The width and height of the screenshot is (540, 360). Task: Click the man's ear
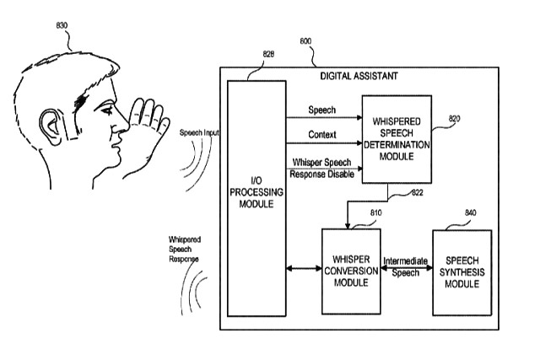click(x=51, y=126)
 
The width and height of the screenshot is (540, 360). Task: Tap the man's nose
click(x=121, y=124)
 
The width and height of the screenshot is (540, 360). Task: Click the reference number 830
click(x=62, y=25)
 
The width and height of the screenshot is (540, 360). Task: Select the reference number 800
click(x=305, y=41)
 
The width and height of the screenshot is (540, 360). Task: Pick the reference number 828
click(x=268, y=54)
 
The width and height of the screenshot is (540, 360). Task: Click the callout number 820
click(x=454, y=119)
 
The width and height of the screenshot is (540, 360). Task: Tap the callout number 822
click(x=418, y=193)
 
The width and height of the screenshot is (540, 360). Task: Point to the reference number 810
click(x=376, y=213)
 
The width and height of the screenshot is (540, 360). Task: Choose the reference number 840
click(x=471, y=213)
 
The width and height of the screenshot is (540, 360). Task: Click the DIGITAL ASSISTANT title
click(x=359, y=76)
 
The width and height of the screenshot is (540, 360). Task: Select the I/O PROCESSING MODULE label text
click(x=256, y=192)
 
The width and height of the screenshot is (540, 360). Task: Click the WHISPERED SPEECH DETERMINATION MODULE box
click(x=397, y=139)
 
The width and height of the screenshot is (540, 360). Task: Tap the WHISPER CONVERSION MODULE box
click(x=351, y=271)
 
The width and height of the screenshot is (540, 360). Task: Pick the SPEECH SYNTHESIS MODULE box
click(x=462, y=272)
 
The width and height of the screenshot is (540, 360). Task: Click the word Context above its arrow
click(x=322, y=135)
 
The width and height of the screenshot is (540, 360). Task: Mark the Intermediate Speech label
click(x=405, y=267)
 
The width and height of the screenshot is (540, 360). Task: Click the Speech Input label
click(x=199, y=132)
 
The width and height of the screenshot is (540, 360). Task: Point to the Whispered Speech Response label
click(x=184, y=250)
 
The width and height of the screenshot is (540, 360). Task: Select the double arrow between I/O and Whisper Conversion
click(x=304, y=268)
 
